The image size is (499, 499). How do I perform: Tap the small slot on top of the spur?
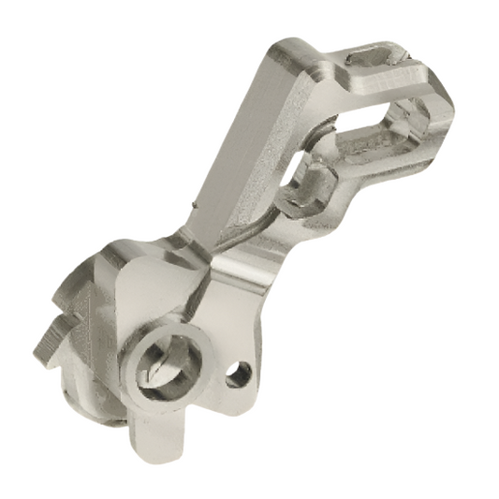click(372, 59)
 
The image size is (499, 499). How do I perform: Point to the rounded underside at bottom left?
click(94, 403)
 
